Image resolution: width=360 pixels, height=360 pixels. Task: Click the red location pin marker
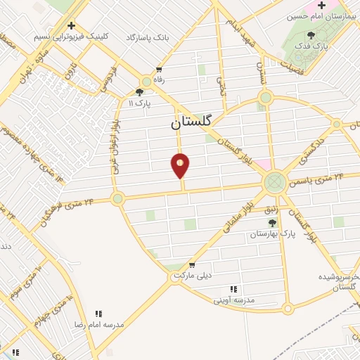[x=181, y=166]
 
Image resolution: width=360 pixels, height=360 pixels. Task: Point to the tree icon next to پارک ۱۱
[x=139, y=92]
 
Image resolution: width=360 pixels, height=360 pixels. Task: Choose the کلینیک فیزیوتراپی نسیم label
[x=70, y=35]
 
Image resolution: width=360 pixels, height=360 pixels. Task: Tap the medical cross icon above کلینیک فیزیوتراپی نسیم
[x=70, y=25]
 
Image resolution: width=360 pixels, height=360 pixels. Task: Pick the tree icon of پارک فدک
[x=311, y=34]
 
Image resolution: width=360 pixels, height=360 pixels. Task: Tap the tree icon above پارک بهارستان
[x=271, y=222]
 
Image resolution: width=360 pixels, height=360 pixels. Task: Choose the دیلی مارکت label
[x=190, y=277]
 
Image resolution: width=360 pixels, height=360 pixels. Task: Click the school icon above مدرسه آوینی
[x=233, y=288]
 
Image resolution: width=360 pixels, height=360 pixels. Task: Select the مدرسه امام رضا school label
[x=99, y=326]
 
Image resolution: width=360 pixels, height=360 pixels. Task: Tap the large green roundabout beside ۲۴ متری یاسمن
[x=274, y=183]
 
